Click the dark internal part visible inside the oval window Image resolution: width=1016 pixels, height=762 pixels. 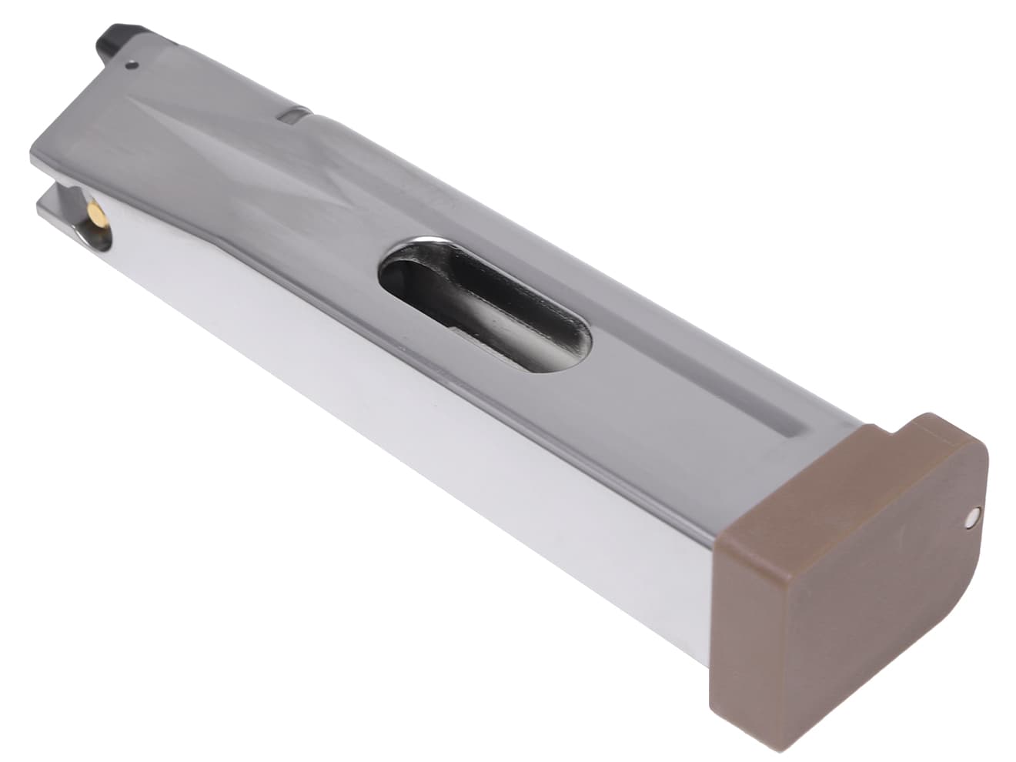click(x=493, y=316)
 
